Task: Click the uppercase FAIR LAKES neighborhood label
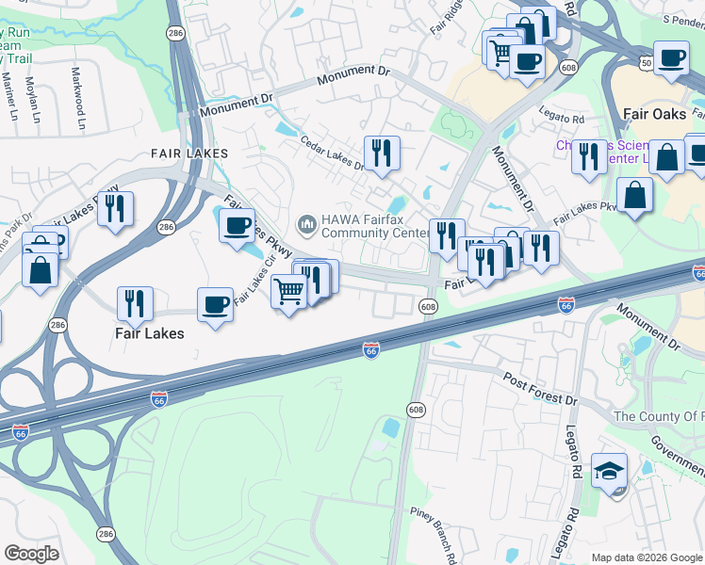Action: coord(189,153)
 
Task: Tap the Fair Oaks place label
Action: coord(655,113)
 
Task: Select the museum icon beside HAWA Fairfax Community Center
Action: coord(305,224)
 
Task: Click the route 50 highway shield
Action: coord(646,60)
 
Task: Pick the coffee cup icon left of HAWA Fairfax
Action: coord(237,225)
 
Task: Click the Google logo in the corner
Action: coord(31,554)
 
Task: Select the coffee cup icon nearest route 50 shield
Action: coord(671,58)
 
